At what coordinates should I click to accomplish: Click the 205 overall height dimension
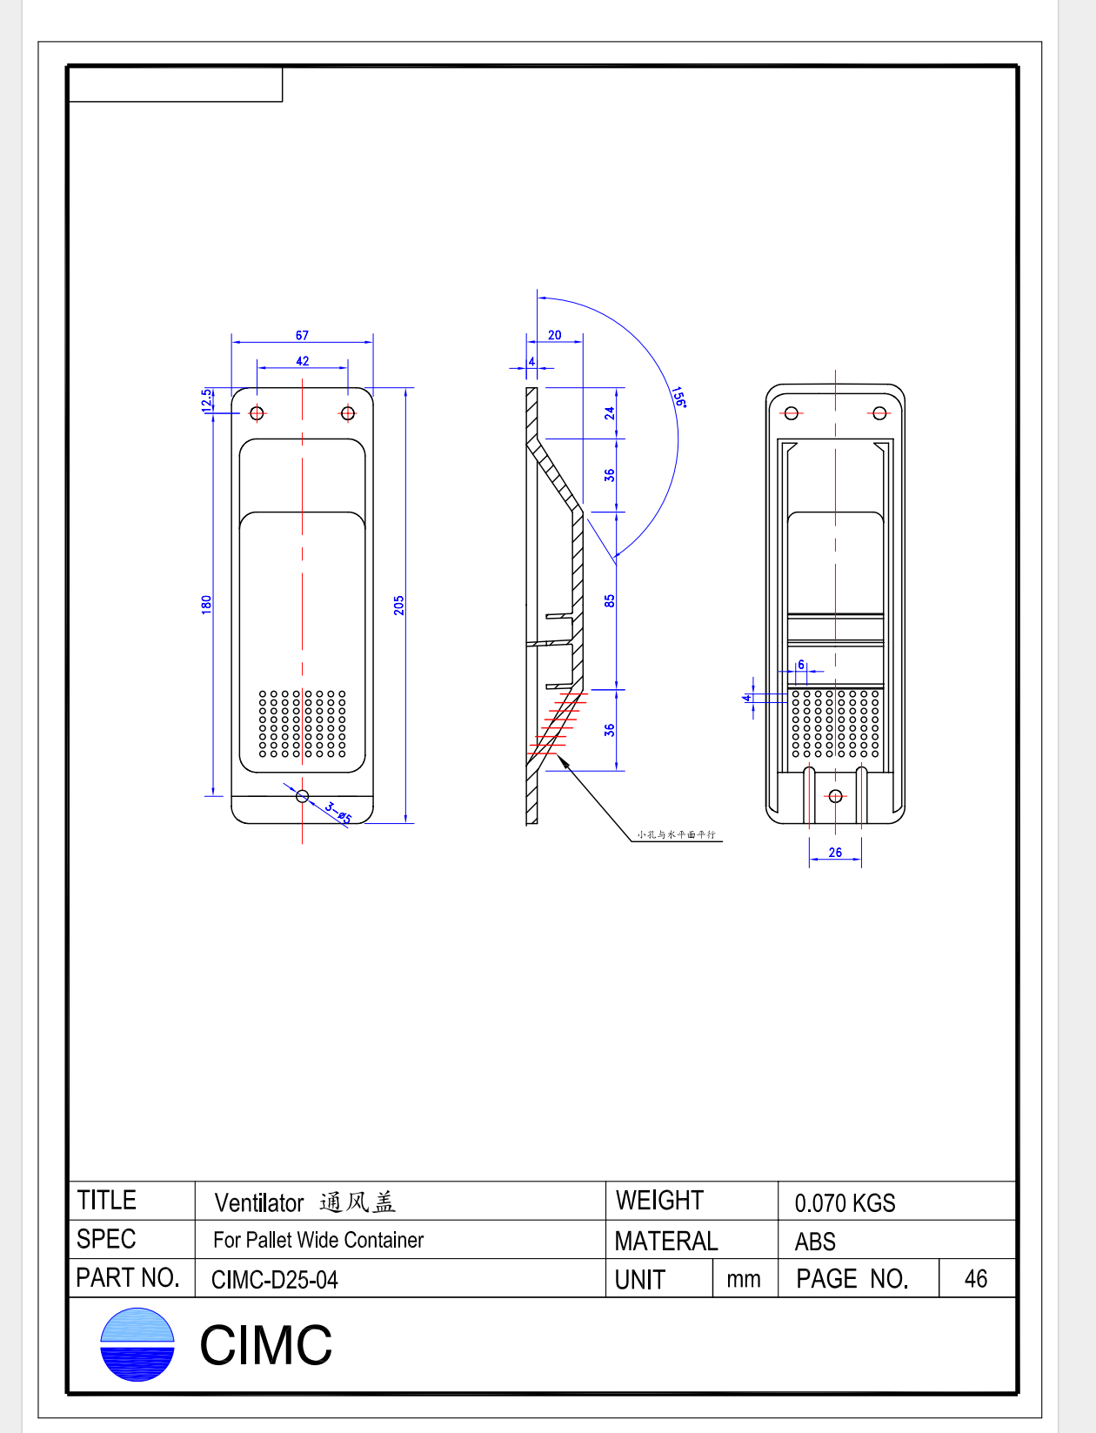click(398, 605)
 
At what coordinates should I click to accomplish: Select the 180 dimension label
click(206, 604)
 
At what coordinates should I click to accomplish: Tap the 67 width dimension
click(302, 335)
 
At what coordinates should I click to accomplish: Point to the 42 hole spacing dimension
click(302, 361)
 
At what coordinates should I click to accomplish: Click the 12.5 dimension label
click(206, 400)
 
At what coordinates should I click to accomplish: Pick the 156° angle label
click(678, 397)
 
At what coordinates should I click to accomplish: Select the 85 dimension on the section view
click(610, 600)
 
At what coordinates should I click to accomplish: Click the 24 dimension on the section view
click(610, 412)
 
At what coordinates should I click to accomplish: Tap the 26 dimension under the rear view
click(835, 853)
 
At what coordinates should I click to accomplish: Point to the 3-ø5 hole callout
click(338, 814)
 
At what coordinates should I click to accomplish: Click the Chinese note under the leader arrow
click(676, 834)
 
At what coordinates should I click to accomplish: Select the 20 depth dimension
click(554, 335)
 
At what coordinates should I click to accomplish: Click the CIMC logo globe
click(137, 1344)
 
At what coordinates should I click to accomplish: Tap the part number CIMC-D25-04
click(275, 1280)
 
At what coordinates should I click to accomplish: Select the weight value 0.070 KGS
click(845, 1203)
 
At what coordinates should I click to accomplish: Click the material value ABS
click(815, 1242)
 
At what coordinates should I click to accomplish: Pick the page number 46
click(976, 1279)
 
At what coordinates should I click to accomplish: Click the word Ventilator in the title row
click(259, 1203)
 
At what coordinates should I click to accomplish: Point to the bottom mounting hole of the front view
click(302, 795)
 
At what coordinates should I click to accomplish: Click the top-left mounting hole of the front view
click(257, 412)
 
